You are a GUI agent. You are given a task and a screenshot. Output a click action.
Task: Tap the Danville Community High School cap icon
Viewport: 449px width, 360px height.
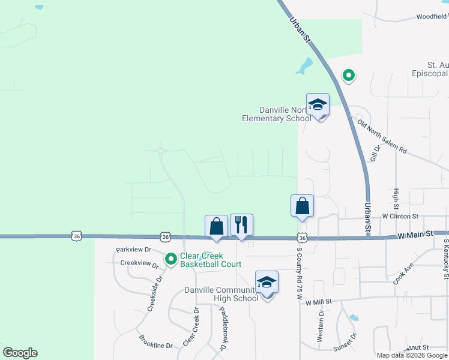click(267, 283)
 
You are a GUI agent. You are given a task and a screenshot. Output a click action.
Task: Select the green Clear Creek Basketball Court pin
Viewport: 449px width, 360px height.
click(171, 259)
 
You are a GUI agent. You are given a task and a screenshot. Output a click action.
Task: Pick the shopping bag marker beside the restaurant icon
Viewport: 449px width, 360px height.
click(217, 227)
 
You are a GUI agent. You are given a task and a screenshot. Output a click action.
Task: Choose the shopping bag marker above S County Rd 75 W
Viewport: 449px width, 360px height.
click(303, 206)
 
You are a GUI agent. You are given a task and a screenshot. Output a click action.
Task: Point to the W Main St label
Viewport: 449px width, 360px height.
click(415, 236)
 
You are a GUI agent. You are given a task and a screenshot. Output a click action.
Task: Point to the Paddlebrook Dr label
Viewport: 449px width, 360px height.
click(224, 329)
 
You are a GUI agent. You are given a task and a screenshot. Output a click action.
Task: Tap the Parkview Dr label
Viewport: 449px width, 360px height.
click(131, 250)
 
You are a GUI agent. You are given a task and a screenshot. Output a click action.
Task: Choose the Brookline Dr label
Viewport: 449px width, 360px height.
click(156, 346)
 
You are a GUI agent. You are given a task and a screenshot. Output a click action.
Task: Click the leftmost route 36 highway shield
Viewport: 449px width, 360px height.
click(76, 236)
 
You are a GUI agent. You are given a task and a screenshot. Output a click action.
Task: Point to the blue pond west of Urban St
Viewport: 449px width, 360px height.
click(304, 65)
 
